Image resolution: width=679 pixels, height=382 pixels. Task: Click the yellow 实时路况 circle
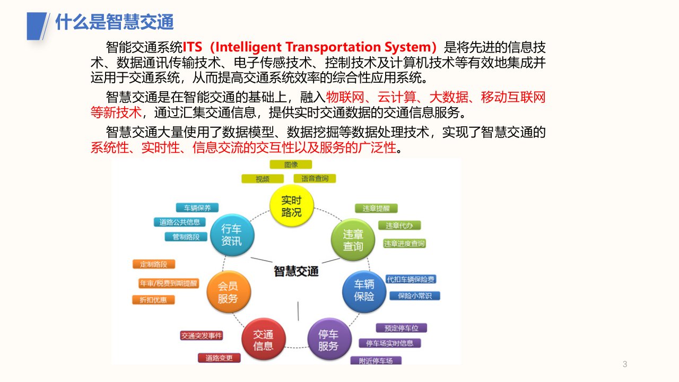click(292, 206)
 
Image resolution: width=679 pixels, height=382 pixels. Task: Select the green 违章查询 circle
click(353, 240)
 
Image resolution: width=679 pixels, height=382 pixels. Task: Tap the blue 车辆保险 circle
click(364, 291)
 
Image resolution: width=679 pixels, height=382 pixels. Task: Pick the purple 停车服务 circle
click(329, 339)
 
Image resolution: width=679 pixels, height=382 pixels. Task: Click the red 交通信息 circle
click(264, 339)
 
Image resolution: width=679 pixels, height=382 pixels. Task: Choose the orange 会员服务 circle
click(229, 292)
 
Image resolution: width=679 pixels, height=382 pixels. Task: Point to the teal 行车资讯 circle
click(232, 235)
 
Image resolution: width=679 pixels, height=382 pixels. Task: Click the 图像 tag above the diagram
click(291, 164)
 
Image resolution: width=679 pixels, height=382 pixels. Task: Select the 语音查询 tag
click(315, 179)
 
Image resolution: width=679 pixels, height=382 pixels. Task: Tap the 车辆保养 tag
click(197, 207)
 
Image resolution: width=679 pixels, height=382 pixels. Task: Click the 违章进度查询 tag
click(404, 244)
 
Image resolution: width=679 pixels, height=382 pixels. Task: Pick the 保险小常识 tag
click(415, 296)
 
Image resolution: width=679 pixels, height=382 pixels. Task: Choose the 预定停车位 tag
click(402, 328)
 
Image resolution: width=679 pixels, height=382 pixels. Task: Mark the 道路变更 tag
click(219, 358)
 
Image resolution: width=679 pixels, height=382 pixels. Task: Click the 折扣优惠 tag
click(153, 300)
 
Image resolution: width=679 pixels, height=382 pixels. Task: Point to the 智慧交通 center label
click(296, 271)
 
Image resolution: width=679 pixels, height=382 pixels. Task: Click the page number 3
click(625, 364)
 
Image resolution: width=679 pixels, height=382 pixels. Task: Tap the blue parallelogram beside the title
click(37, 26)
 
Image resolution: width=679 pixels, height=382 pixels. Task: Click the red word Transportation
click(333, 47)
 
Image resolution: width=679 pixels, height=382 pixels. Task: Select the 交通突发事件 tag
click(202, 336)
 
